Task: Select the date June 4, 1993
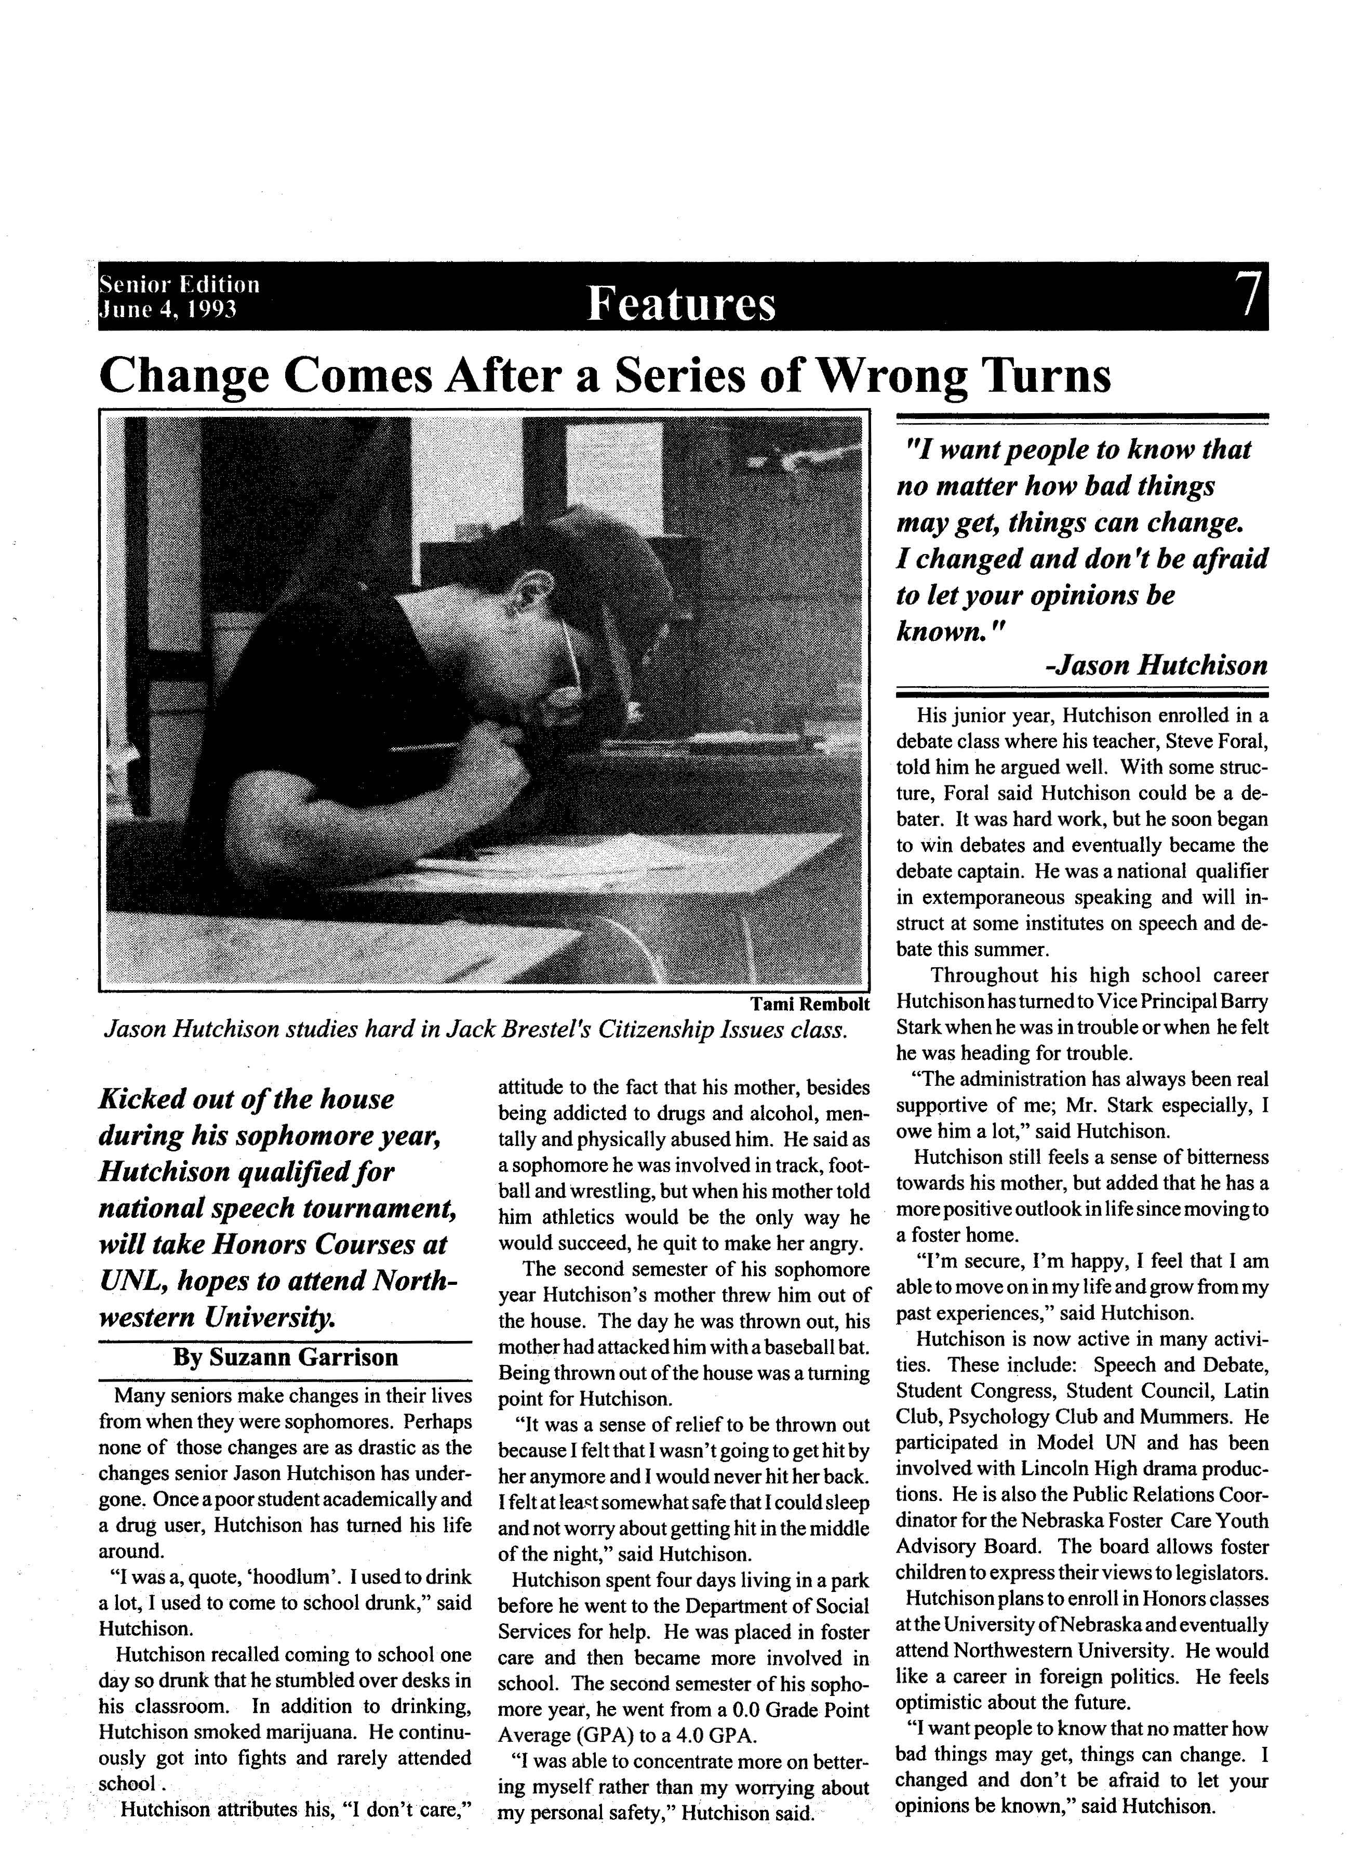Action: pyautogui.click(x=168, y=309)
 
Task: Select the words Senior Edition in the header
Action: pyautogui.click(x=179, y=285)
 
